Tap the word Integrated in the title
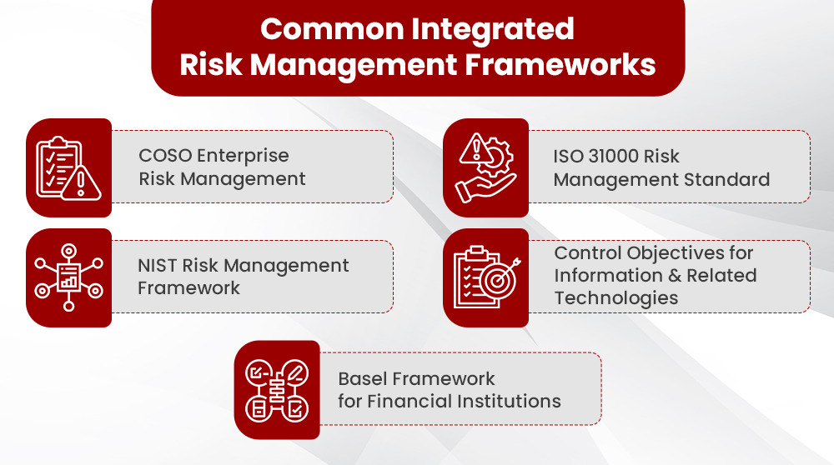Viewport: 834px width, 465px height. tap(491, 28)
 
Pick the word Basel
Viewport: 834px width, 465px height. tap(364, 379)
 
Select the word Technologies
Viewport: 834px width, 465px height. tap(616, 297)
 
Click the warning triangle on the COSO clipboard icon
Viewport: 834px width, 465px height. tap(81, 182)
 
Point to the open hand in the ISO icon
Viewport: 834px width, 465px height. tap(480, 187)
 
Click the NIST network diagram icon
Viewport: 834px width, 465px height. tap(68, 277)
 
